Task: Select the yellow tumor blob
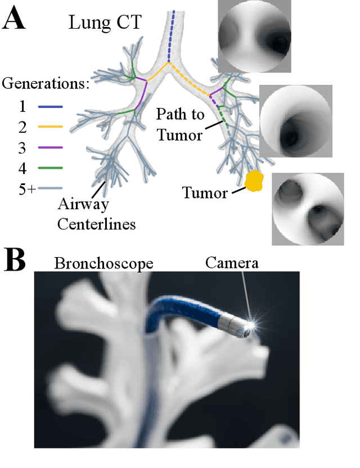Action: [x=255, y=181]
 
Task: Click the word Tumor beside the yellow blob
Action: [x=204, y=193]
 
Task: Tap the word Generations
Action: [x=46, y=84]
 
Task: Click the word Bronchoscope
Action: [x=103, y=263]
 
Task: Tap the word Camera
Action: [x=232, y=262]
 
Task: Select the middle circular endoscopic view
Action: [x=296, y=120]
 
